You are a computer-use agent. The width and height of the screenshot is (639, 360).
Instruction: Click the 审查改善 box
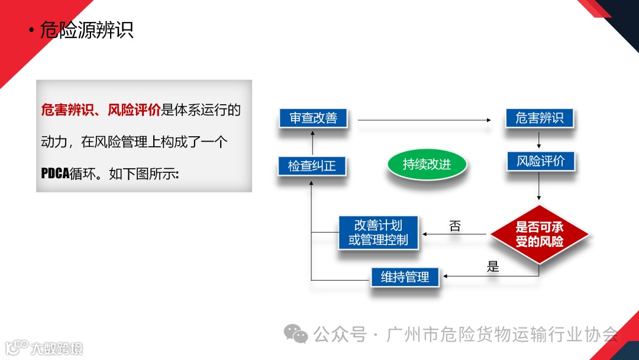[313, 118]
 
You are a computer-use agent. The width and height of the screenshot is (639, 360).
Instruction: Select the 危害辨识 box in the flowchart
[540, 118]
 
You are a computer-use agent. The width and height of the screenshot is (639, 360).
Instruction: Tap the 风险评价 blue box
[540, 161]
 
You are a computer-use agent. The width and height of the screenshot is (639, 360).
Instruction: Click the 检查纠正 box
[312, 166]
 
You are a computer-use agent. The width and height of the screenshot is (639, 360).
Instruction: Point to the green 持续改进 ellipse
[427, 165]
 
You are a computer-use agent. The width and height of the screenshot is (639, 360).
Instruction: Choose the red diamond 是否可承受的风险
[539, 234]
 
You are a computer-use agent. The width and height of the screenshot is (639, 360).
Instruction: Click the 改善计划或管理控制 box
[378, 233]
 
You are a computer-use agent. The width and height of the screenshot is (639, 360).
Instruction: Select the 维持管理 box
[405, 277]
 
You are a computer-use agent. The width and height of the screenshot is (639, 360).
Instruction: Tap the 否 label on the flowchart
[455, 226]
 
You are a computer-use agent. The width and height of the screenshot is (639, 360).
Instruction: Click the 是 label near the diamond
[493, 266]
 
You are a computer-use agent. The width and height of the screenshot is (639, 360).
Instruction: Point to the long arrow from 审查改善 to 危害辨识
[424, 120]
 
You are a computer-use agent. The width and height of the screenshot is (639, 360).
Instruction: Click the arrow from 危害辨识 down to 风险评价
[539, 140]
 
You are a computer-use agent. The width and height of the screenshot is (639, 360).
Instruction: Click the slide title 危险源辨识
[86, 30]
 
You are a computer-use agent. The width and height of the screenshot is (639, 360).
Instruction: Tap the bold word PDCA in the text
[55, 174]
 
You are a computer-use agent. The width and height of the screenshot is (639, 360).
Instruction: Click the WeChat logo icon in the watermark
[295, 334]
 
